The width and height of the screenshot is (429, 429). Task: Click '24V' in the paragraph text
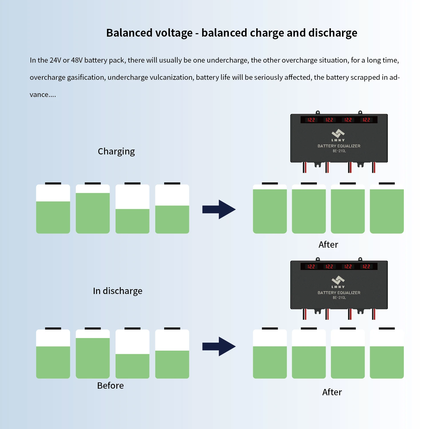55,60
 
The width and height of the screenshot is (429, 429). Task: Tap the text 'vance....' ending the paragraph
43,95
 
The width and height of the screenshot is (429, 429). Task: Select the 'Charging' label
116,151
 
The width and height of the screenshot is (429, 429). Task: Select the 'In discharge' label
118,291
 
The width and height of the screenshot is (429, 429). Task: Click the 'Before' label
110,386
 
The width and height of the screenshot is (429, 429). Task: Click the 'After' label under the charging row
328,245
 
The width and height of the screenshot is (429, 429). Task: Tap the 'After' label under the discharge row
332,392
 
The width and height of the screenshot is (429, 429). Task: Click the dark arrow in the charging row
219,210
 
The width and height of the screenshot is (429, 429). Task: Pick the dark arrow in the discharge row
219,346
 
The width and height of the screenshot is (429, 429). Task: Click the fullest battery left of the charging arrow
93,209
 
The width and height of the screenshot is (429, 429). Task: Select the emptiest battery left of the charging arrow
132,209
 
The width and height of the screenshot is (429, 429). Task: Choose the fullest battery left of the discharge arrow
93,354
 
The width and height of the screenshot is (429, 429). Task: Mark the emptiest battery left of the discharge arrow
132,354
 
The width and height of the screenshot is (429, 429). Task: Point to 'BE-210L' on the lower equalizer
339,298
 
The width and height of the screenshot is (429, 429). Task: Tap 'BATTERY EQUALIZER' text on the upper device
339,146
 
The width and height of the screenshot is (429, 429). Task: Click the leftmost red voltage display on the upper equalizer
311,120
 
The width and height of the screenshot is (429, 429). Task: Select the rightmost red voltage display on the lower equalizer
366,267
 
